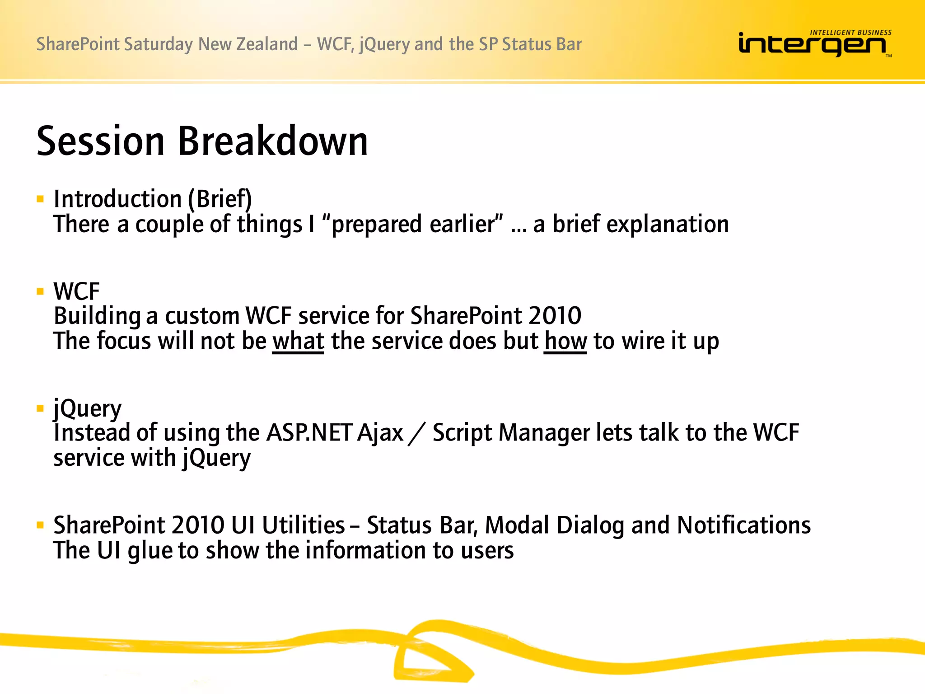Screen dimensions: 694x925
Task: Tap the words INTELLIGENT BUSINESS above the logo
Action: pos(850,33)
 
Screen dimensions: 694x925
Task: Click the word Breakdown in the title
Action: pos(273,141)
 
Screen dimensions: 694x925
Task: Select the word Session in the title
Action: pos(100,141)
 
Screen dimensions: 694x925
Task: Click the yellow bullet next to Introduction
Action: pos(40,199)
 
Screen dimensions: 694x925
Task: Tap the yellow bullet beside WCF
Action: pos(40,291)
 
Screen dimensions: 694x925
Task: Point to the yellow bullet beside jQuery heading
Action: pos(40,408)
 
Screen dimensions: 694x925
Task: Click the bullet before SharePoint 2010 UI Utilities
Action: pos(40,525)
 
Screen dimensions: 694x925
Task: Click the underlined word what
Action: pos(298,341)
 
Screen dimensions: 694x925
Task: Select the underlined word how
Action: pos(565,341)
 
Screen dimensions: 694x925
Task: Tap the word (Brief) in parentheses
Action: pos(220,199)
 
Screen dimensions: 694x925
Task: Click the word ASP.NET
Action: pos(309,433)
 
